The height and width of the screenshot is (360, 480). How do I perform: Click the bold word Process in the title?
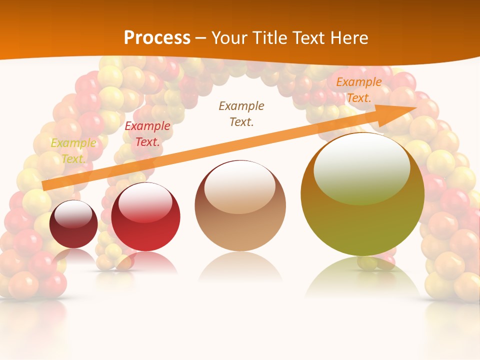point(157,38)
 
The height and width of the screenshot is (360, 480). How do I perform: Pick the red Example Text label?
point(147,134)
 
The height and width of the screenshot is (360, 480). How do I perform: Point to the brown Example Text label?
point(241,113)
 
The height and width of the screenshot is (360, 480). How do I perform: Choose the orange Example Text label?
point(358,90)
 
